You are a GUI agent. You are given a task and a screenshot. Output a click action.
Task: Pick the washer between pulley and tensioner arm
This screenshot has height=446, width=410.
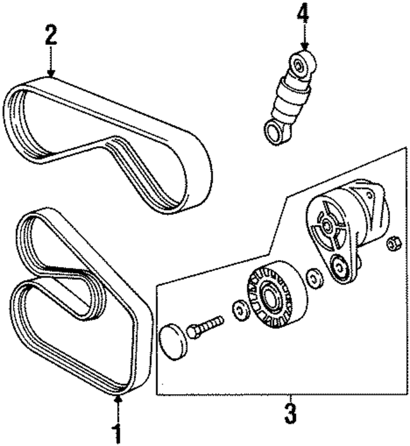[314, 277]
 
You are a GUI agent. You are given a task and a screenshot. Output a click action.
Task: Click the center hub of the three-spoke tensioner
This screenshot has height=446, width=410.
[327, 225]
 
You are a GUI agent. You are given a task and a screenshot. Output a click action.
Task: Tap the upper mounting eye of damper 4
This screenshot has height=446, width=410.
[299, 63]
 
